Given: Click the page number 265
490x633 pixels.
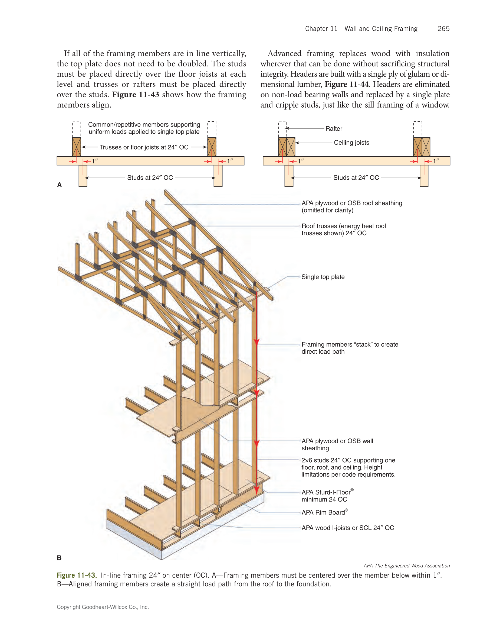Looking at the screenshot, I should (x=443, y=29).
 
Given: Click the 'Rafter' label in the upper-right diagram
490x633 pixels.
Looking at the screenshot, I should (x=333, y=129).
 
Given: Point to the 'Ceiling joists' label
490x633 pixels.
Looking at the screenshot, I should (x=351, y=143).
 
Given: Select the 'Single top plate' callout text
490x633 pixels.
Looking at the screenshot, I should (x=323, y=277).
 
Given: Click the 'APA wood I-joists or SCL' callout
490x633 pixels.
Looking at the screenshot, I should (x=347, y=528).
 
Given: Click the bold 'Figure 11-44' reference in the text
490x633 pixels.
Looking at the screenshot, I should (x=346, y=84).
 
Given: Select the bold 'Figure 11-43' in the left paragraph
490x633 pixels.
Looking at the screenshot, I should (x=136, y=95).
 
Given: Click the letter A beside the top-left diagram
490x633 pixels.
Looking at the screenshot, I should (x=59, y=185).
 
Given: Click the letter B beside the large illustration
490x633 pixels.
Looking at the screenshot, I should (x=59, y=558).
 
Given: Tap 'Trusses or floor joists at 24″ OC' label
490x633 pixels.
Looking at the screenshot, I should (x=144, y=147).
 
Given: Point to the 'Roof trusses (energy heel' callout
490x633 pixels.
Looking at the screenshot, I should (x=344, y=226).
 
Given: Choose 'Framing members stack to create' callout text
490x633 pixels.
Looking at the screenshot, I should (x=350, y=344).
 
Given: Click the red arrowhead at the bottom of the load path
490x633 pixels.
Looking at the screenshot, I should (x=256, y=490).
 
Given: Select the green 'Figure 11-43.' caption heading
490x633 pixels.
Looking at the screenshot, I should (x=77, y=575).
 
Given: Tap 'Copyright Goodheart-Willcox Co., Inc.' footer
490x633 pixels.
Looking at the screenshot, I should (x=103, y=607).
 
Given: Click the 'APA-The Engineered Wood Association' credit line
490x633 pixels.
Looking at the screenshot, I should (x=406, y=566).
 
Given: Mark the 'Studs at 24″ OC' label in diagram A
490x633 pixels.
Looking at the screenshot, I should (x=150, y=178).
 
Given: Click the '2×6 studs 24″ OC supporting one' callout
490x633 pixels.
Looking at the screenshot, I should (x=348, y=460).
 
